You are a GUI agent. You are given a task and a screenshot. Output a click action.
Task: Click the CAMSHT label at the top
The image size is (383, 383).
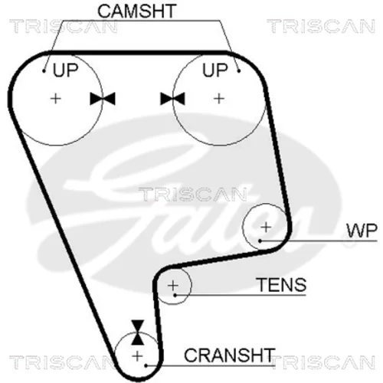point(137,11)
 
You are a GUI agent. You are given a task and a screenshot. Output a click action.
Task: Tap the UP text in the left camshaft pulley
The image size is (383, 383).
point(65,70)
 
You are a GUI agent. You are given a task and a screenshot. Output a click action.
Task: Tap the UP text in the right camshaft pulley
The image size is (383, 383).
point(214,70)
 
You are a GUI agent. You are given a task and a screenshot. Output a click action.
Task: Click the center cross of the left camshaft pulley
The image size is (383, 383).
point(56,99)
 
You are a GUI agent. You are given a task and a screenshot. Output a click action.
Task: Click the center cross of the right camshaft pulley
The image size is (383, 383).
point(219,99)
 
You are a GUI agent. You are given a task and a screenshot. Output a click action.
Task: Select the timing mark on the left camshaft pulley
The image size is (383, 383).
point(103,99)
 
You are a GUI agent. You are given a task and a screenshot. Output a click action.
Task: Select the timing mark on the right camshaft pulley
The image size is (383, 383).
point(172,99)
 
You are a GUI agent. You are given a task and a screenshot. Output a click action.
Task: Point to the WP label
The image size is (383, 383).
point(362,231)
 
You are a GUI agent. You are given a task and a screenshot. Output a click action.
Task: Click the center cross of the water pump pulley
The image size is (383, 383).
point(266,227)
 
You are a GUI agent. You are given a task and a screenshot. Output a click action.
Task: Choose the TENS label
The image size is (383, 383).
point(282,285)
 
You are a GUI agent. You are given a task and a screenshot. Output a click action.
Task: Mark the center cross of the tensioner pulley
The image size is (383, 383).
point(173,285)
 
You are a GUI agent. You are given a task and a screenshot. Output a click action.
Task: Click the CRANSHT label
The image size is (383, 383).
point(229,355)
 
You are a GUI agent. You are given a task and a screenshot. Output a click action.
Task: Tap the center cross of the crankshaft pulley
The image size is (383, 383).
point(137,356)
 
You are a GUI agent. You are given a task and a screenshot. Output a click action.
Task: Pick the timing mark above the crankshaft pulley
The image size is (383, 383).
point(138,332)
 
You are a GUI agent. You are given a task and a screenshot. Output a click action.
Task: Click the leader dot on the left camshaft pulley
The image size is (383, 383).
point(44,71)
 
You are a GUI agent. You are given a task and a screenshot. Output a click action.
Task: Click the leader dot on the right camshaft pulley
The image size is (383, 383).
point(239,71)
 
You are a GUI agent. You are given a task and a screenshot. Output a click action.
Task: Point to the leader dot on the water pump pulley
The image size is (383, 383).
point(260,241)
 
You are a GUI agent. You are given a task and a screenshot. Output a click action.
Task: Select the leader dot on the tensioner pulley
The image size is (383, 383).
point(175,295)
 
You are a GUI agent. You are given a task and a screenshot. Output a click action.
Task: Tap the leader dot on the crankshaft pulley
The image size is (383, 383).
point(146,365)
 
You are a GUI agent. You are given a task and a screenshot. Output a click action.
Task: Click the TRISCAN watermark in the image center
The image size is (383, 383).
point(193,195)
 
